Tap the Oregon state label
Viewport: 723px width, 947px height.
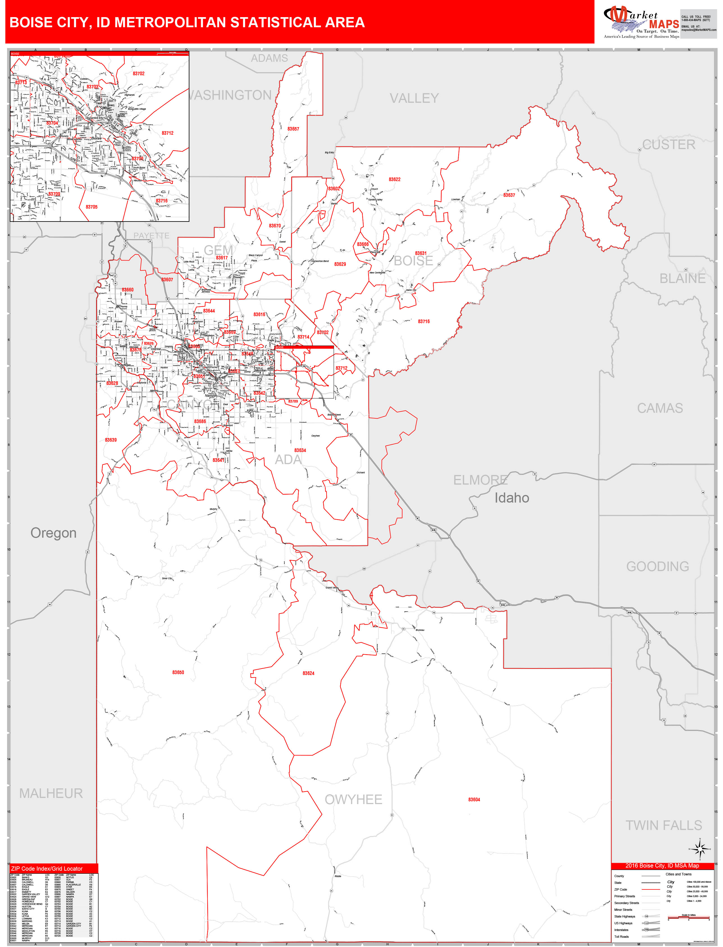tap(53, 533)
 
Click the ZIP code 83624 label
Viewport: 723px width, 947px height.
tap(308, 673)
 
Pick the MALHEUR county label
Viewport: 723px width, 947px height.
tap(51, 793)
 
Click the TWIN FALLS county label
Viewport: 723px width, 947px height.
tap(663, 826)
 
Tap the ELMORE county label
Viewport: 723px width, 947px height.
tap(480, 480)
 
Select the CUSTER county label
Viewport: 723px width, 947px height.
tap(668, 145)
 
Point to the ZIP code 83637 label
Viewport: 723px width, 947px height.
tap(509, 195)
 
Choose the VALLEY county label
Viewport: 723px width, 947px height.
tap(414, 99)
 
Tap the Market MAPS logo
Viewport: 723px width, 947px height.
tap(641, 22)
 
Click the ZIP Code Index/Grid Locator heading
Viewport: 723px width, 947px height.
tap(47, 869)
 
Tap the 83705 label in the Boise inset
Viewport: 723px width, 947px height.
tap(91, 207)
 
